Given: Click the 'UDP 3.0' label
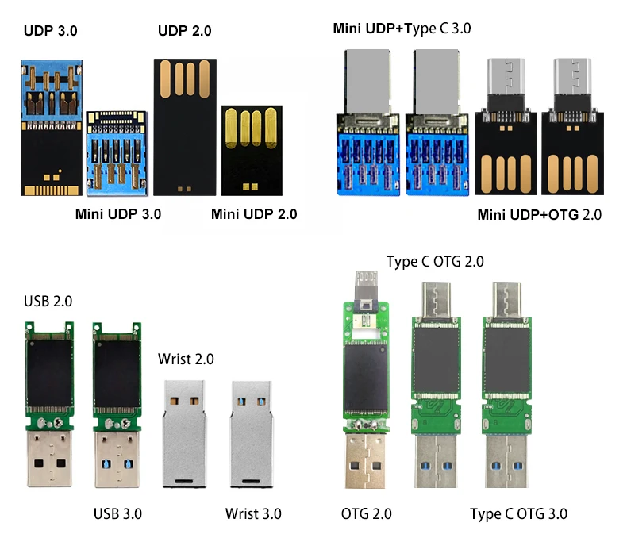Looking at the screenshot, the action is [x=51, y=32].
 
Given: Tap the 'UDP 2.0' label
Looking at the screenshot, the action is [x=184, y=32].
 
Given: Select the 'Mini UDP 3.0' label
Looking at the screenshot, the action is [x=118, y=213].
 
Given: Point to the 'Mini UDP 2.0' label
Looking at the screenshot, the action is [x=254, y=213].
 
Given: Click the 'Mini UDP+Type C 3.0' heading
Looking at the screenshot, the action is [x=402, y=29].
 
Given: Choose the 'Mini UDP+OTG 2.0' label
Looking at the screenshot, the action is [x=540, y=214].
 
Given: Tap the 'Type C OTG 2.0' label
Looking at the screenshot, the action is [x=435, y=262].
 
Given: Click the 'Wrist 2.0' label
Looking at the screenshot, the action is [x=186, y=359].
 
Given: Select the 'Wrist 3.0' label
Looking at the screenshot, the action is [x=253, y=513].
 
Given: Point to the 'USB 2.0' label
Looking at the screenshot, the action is [x=48, y=301].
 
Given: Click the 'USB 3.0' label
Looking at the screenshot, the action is [x=117, y=513].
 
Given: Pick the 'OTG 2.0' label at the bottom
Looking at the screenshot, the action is [x=366, y=513].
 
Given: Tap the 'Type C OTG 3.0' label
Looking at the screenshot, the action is [x=518, y=513].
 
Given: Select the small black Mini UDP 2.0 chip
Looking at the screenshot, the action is [x=250, y=151].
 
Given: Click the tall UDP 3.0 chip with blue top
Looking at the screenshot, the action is [x=49, y=127].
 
